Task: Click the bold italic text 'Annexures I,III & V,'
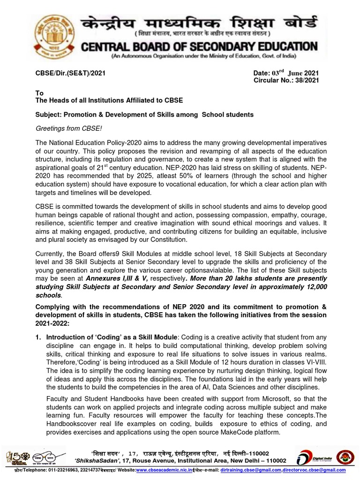pyautogui.click(x=124, y=277)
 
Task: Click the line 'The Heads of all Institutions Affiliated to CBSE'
pyautogui.click(x=109, y=100)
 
